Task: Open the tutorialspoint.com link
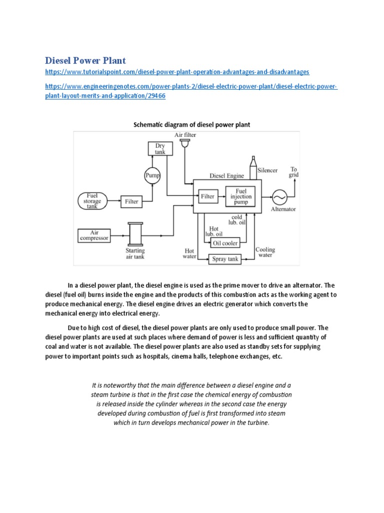click(x=177, y=72)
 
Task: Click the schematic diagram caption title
click(x=192, y=124)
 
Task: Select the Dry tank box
click(x=160, y=149)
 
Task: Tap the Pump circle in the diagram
click(x=152, y=175)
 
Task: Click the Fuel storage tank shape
click(x=92, y=201)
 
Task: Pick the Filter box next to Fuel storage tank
click(x=131, y=201)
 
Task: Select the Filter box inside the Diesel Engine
click(x=207, y=196)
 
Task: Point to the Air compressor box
click(x=93, y=235)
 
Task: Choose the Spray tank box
click(x=225, y=259)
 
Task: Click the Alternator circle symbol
click(x=278, y=197)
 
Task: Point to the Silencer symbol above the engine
click(x=253, y=166)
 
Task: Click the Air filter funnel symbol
click(x=185, y=144)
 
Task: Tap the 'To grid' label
click(x=293, y=172)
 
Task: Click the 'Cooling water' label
click(x=265, y=252)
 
